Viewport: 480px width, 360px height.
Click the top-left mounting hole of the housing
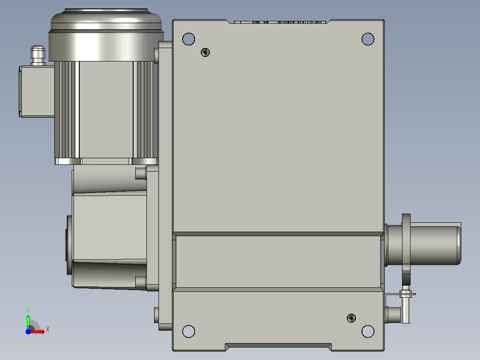coord(189,39)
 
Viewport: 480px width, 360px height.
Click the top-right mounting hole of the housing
coord(368,39)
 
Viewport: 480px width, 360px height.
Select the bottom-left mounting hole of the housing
coord(189,331)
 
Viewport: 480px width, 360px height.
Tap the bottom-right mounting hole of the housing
coord(368,331)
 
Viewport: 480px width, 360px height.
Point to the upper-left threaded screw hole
coord(205,53)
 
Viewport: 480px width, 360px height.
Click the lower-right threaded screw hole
coord(351,318)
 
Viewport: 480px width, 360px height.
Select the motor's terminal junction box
coord(37,91)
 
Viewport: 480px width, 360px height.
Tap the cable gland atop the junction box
coord(38,55)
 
